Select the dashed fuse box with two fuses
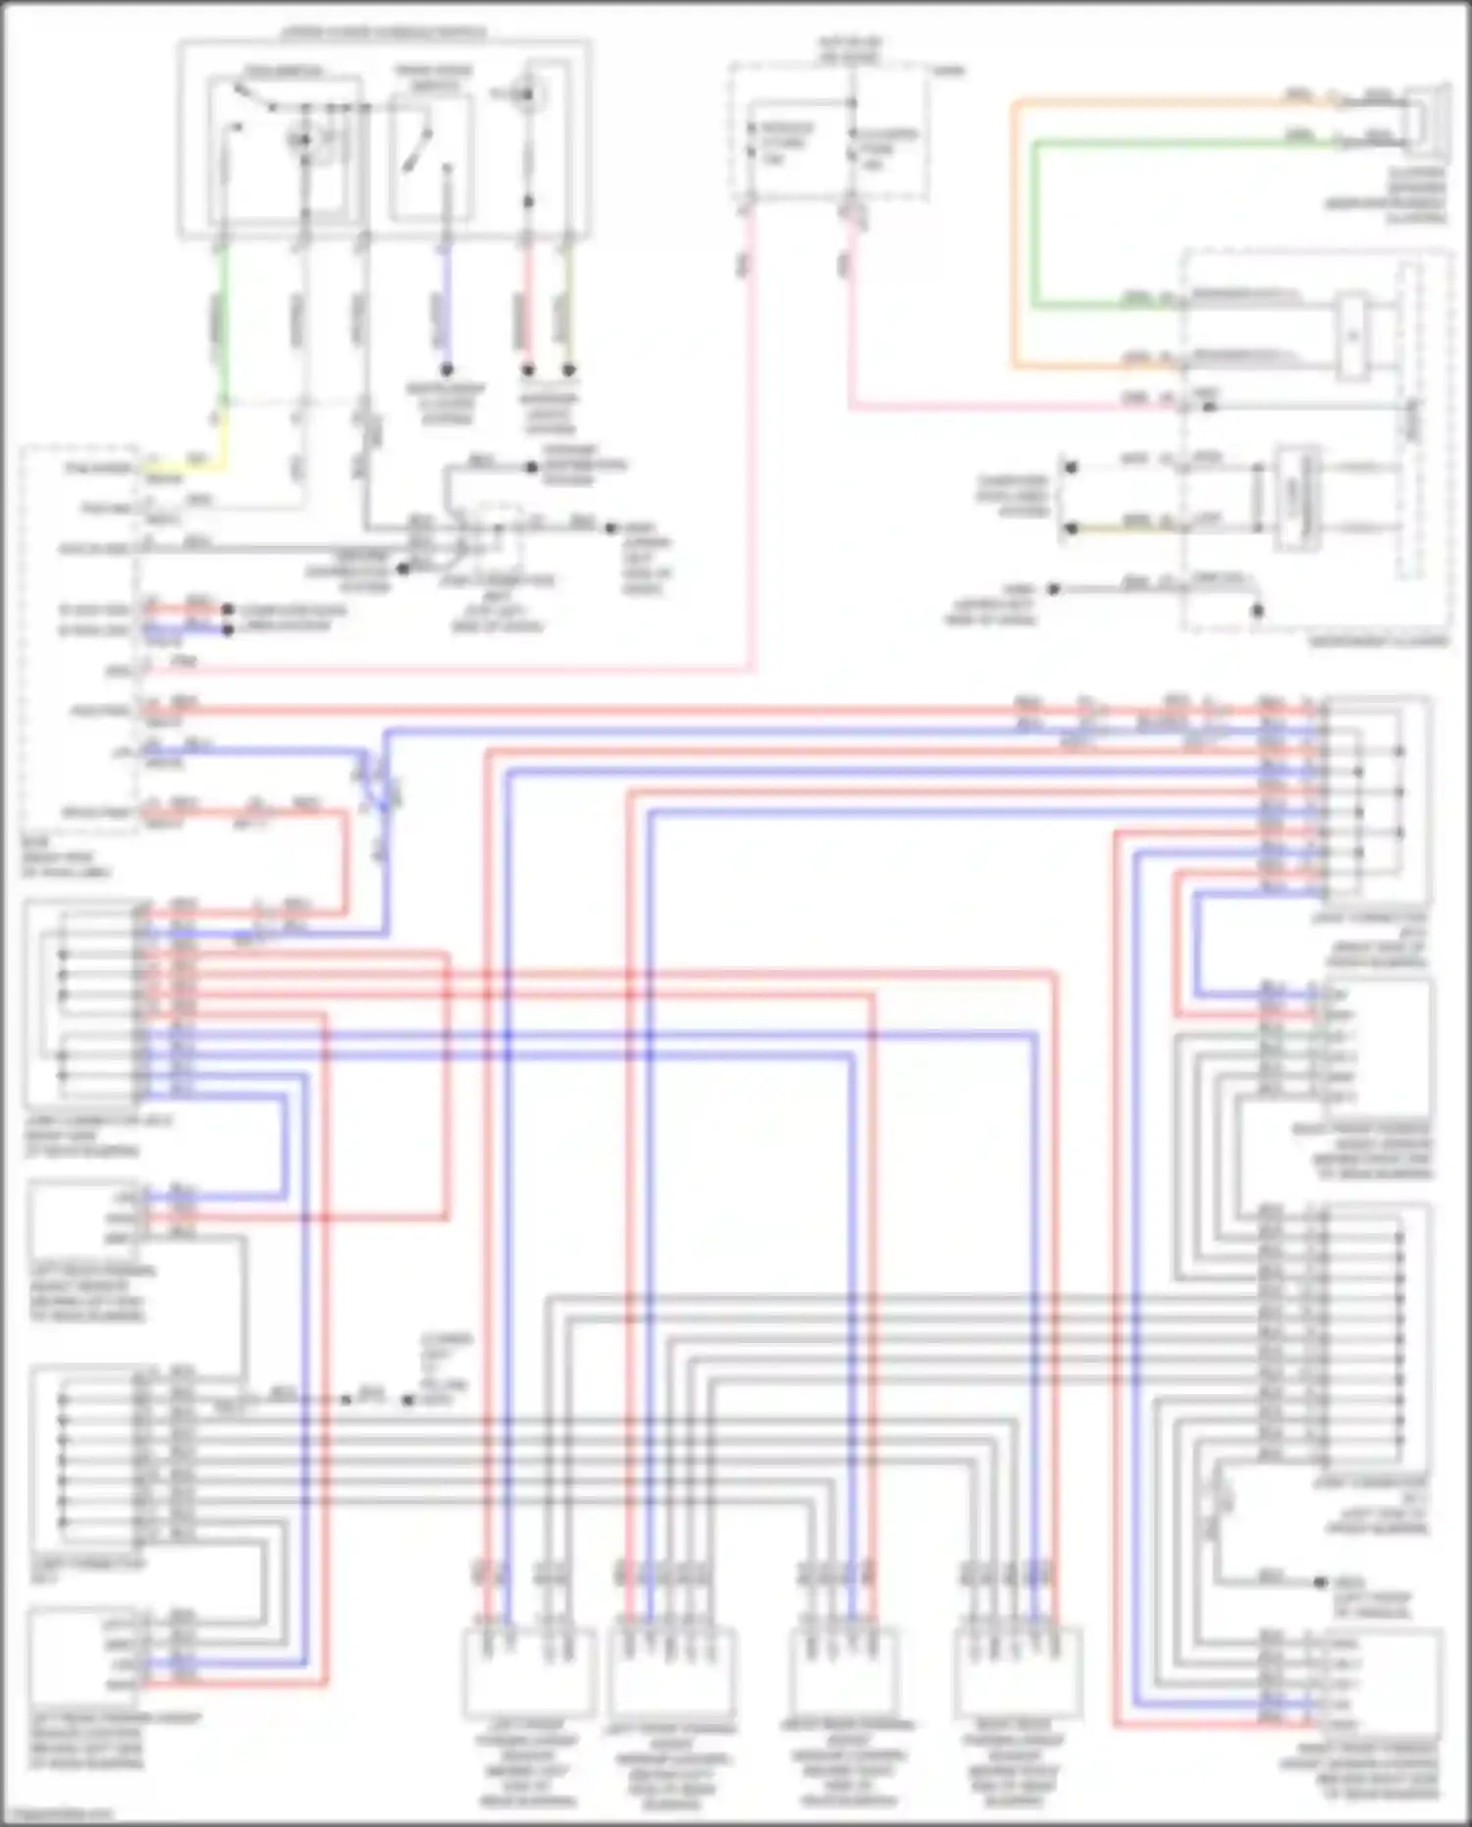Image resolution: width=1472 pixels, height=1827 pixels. (x=829, y=133)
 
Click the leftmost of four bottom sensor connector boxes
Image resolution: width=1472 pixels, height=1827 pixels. (x=528, y=1668)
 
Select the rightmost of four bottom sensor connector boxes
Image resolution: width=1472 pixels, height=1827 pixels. (x=1018, y=1668)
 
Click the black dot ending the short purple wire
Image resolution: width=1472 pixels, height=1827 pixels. (x=447, y=370)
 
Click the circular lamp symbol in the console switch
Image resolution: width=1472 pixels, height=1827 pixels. (x=530, y=94)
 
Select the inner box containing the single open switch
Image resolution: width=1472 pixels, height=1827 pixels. (x=432, y=157)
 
